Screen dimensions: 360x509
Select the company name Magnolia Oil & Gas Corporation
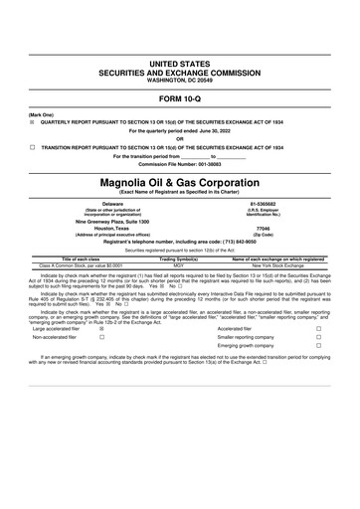pyautogui.click(x=179, y=184)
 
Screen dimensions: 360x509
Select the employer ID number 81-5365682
pyautogui.click(x=262, y=203)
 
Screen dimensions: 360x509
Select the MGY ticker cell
pyautogui.click(x=180, y=265)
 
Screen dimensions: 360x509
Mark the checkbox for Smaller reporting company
pyautogui.click(x=318, y=338)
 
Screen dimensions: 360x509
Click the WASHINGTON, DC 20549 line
pyautogui.click(x=179, y=80)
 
